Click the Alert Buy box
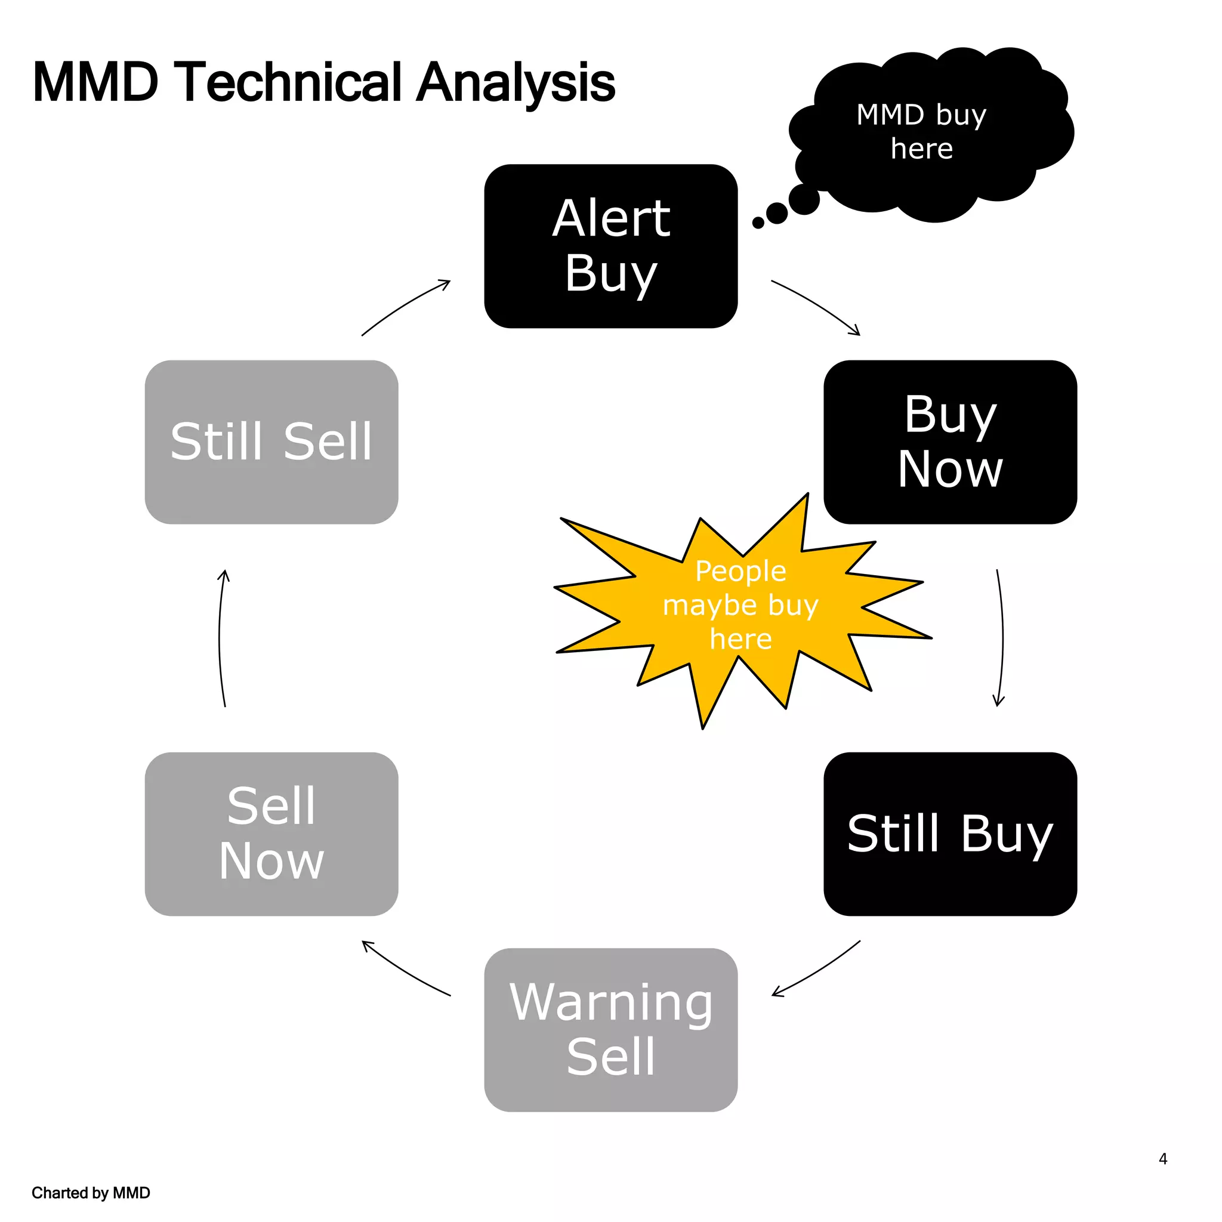tap(610, 246)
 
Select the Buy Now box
tap(950, 442)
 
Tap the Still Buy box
tap(950, 834)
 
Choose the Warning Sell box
tap(610, 1030)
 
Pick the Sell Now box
tap(271, 834)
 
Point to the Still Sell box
tap(271, 442)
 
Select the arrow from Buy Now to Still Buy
tap(1002, 638)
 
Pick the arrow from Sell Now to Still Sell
tap(220, 638)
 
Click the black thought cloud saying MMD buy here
tap(930, 133)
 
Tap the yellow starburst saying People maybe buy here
tap(740, 607)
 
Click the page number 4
tap(1162, 1159)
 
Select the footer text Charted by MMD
tap(91, 1193)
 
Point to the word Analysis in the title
tap(516, 82)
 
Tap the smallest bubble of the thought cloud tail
tap(758, 223)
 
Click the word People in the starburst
tap(740, 571)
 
